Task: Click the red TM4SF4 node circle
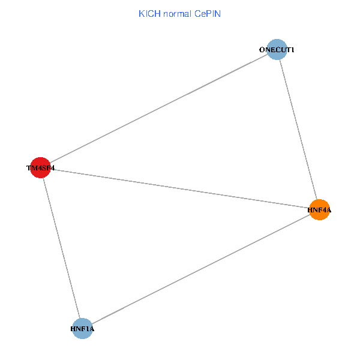[41, 169]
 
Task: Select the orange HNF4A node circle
[319, 210]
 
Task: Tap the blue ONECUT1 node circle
[276, 50]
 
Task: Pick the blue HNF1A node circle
[82, 329]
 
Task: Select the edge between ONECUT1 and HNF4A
[298, 130]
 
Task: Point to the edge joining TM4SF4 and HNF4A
[180, 189]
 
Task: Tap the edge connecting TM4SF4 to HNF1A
[61, 248]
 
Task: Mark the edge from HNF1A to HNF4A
[200, 269]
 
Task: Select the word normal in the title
[175, 13]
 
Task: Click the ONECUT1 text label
[277, 50]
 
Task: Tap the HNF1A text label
[82, 329]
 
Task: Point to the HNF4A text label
[319, 210]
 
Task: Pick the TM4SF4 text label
[41, 169]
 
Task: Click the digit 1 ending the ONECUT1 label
[292, 50]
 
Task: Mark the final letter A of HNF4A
[329, 210]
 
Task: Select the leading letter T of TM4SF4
[29, 169]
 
